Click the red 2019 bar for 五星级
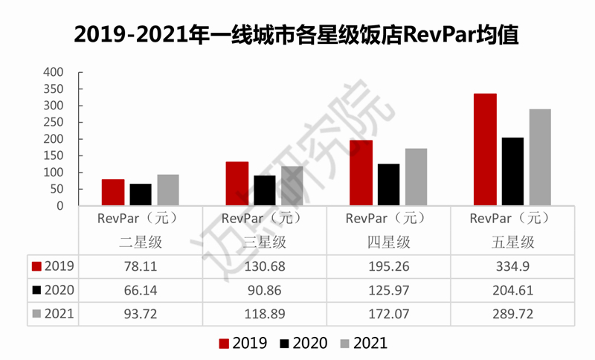tap(485, 150)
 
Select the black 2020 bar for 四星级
tap(388, 184)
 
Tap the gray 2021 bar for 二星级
tap(168, 190)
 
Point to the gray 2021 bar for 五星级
tap(540, 157)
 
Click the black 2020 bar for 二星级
tap(141, 195)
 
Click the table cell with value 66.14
tap(141, 290)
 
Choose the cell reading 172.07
tap(388, 314)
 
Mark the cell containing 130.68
tap(265, 266)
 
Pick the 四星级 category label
tap(388, 242)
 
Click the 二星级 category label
tap(141, 242)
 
